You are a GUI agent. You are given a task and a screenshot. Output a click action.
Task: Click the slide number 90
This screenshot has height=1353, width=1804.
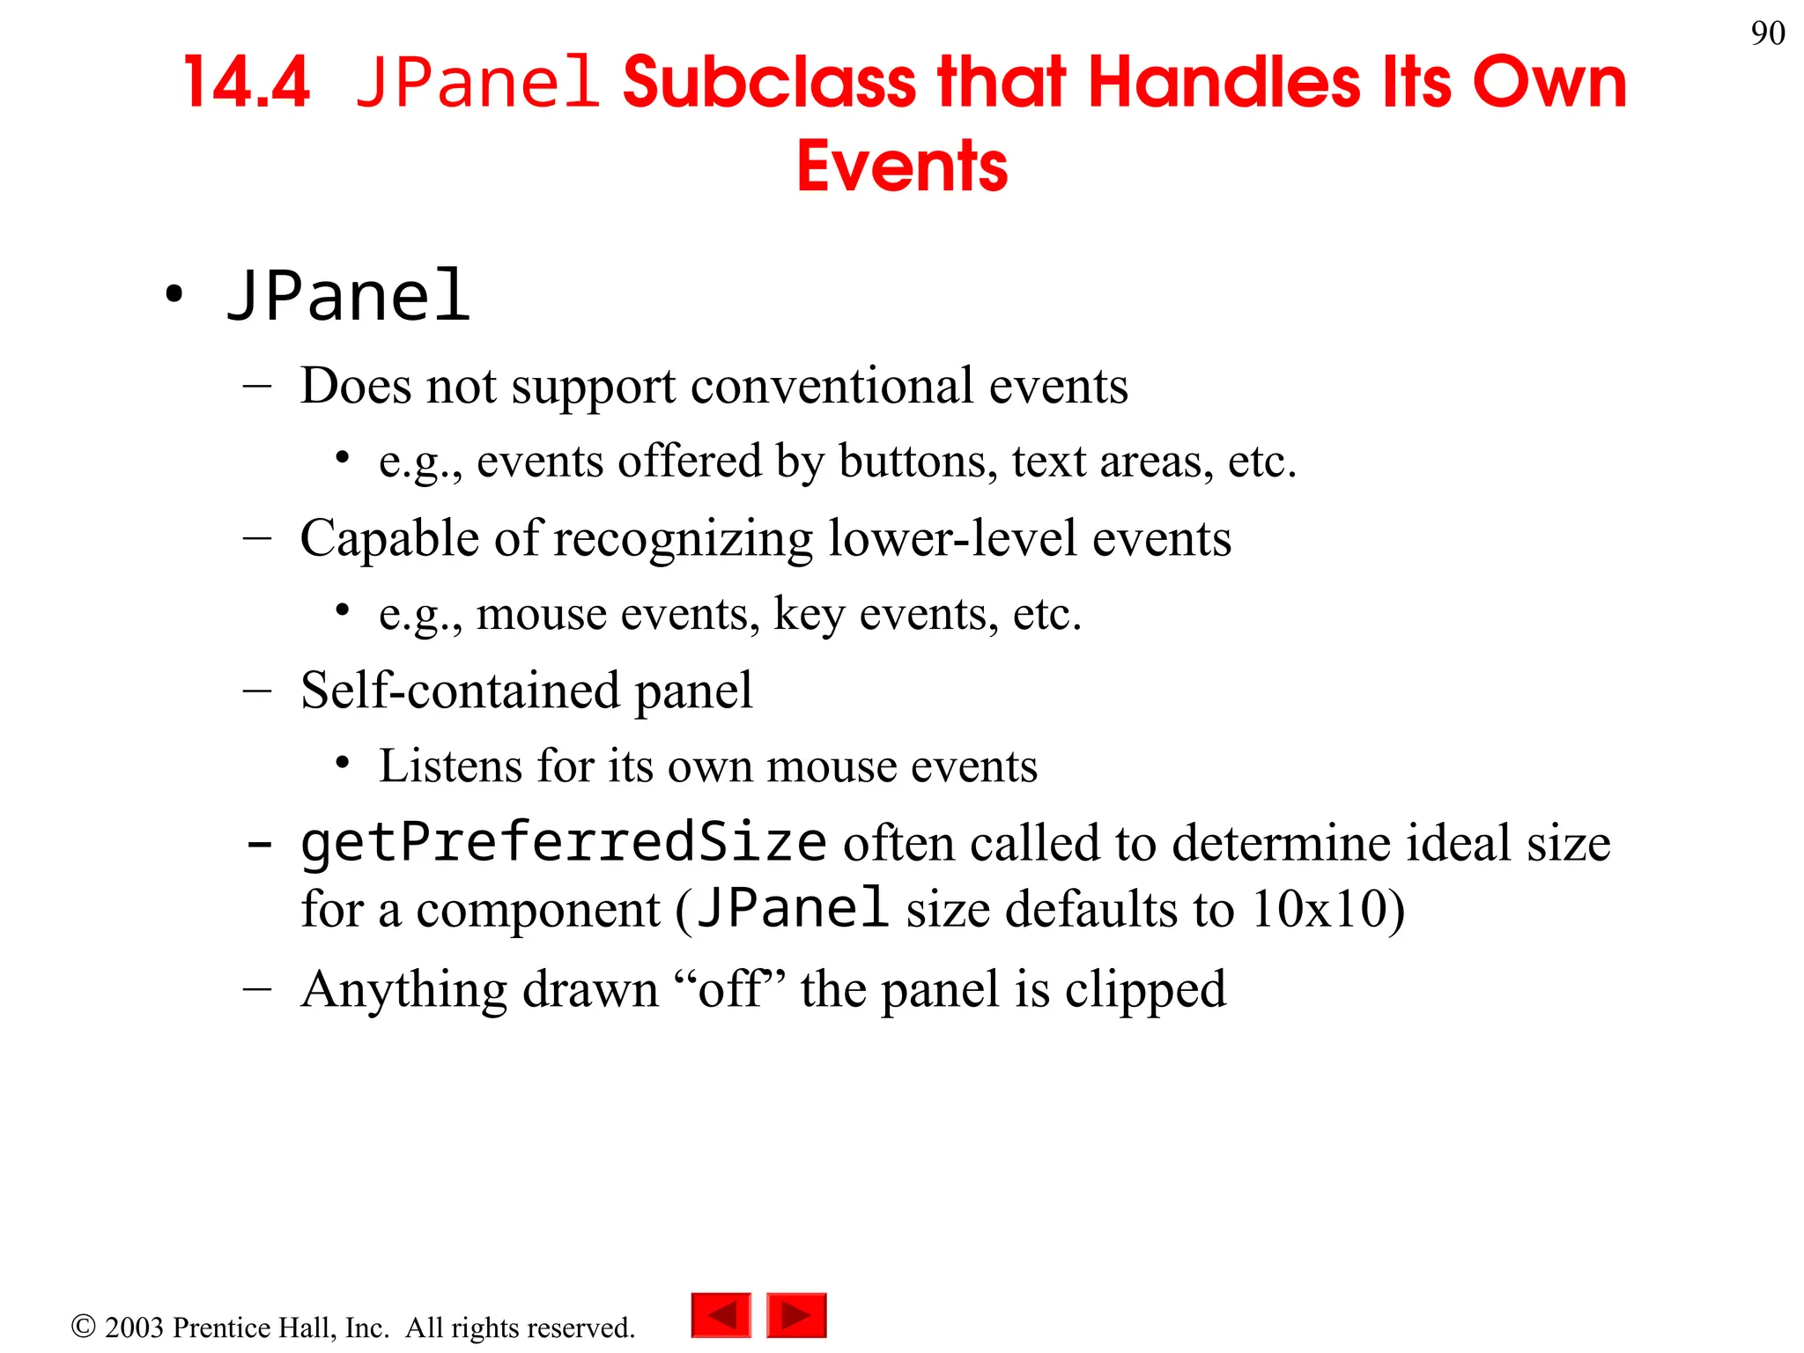point(1767,33)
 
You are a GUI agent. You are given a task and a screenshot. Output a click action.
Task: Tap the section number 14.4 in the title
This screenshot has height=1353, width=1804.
point(247,83)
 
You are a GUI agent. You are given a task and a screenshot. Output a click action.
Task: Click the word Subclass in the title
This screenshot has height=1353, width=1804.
point(769,83)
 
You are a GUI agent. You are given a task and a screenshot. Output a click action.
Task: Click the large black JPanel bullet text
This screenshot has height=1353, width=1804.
point(349,296)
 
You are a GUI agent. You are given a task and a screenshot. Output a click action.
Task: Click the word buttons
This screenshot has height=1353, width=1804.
point(917,461)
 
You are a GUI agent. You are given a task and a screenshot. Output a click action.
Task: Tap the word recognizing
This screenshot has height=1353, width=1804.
point(683,538)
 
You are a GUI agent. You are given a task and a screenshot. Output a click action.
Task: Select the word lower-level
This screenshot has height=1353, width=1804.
point(952,538)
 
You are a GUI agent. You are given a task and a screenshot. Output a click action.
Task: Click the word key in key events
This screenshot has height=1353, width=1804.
point(809,614)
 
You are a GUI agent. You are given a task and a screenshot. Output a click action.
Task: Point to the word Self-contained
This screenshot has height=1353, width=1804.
point(459,690)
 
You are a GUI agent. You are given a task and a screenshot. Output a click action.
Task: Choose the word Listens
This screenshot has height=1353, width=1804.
point(450,765)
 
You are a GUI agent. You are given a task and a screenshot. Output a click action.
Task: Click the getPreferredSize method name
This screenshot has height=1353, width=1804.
point(564,843)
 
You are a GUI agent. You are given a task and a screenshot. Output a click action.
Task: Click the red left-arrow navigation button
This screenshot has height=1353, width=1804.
point(721,1315)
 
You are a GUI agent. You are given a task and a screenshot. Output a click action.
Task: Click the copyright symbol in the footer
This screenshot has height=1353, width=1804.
point(83,1326)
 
